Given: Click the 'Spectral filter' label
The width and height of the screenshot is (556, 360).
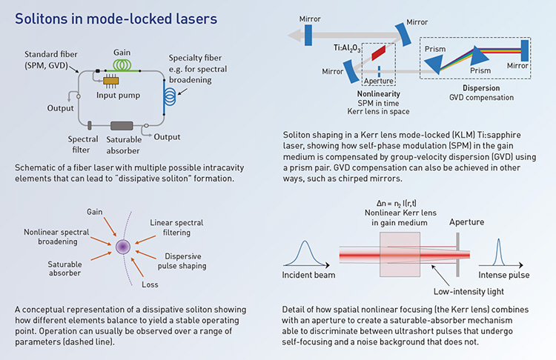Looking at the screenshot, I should coord(83,145).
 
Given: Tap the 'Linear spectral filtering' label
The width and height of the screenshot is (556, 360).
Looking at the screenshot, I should coord(176,227).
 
